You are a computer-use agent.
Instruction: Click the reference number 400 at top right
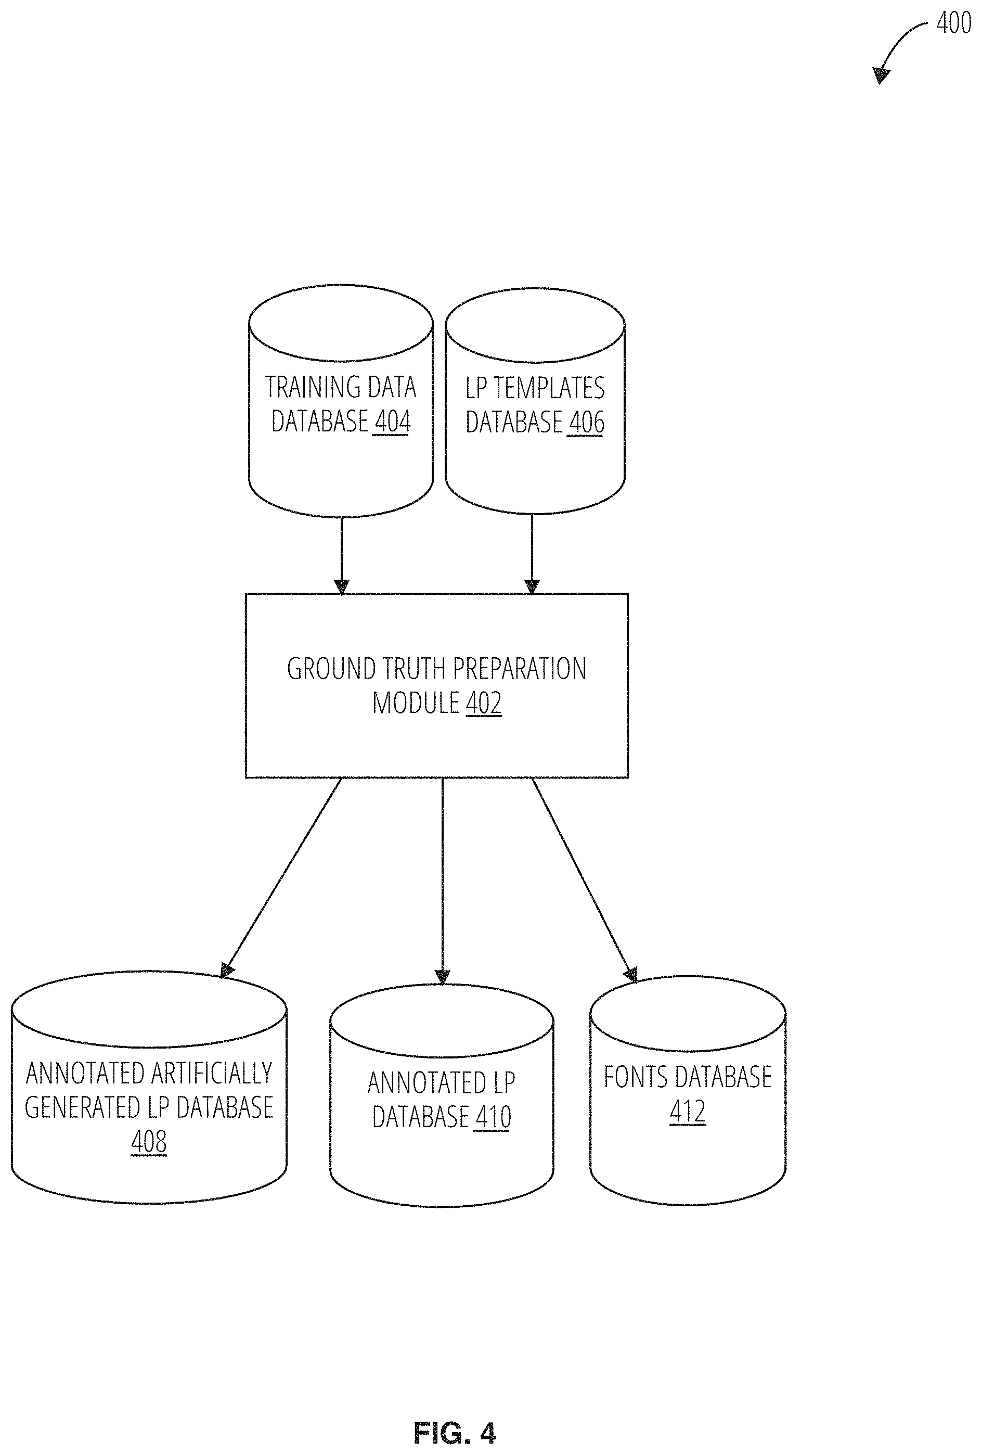point(953,23)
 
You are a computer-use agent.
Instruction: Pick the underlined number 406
point(586,422)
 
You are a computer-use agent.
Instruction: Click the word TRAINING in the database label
point(301,387)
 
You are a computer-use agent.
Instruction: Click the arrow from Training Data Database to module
point(341,555)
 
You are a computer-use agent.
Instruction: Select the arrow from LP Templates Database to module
point(532,554)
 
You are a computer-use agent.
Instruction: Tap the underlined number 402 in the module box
point(484,703)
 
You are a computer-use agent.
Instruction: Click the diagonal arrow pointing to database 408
point(281,878)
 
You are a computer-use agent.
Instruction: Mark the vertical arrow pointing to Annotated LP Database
point(443,882)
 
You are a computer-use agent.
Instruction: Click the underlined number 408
point(149,1141)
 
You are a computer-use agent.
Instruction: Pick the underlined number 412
point(688,1111)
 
